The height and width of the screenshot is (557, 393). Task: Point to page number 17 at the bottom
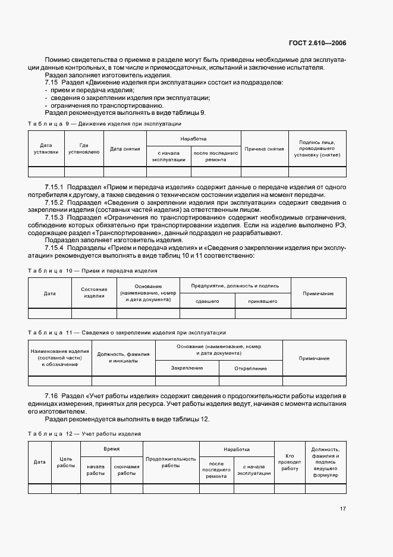click(x=343, y=509)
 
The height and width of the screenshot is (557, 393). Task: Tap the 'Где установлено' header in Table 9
click(x=84, y=148)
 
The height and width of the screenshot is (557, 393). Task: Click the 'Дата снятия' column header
click(x=125, y=148)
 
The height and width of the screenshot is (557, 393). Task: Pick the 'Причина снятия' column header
click(x=264, y=148)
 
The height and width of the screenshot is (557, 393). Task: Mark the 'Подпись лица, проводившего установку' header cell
click(x=316, y=148)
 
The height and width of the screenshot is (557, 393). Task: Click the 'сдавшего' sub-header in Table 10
click(x=207, y=301)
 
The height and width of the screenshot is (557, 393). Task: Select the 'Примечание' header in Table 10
click(x=318, y=293)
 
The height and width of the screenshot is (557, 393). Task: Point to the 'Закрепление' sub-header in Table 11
click(x=187, y=368)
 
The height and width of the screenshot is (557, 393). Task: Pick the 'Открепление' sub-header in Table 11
click(x=250, y=368)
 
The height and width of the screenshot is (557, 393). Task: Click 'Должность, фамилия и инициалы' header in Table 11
click(x=123, y=358)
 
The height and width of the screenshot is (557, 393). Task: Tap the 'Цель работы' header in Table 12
click(x=65, y=462)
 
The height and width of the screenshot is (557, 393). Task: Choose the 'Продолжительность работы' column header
click(x=171, y=462)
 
